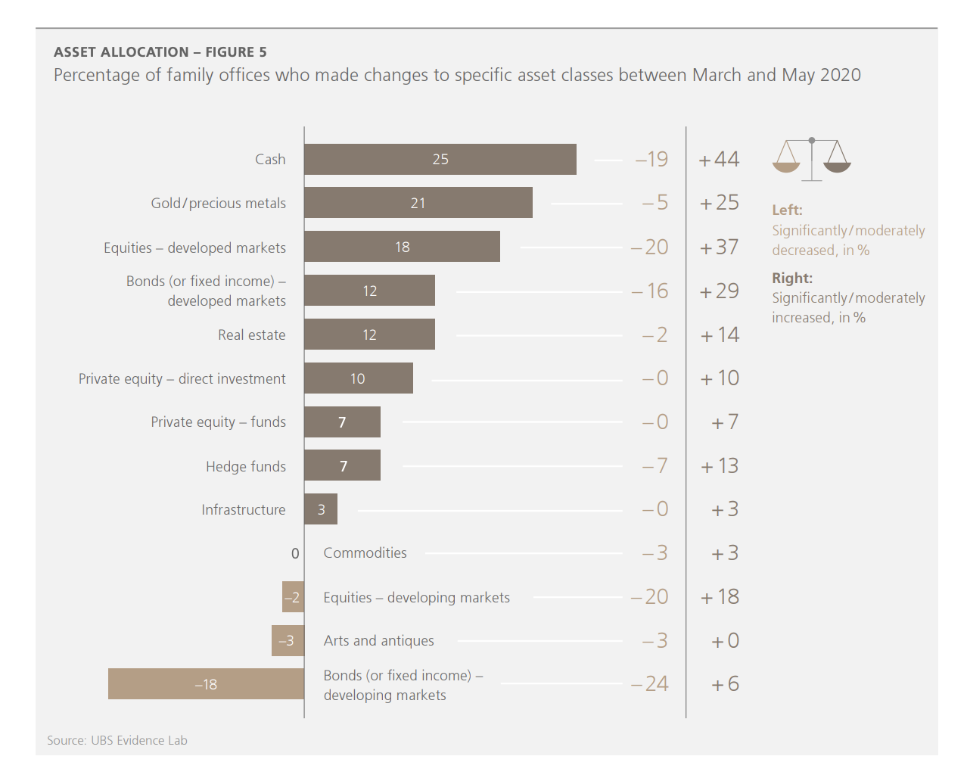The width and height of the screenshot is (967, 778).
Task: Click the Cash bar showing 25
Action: click(x=440, y=160)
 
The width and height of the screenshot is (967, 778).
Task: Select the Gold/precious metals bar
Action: click(x=418, y=203)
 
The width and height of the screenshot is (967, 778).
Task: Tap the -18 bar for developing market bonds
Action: click(x=206, y=684)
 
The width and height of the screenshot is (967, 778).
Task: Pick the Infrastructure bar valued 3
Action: click(x=321, y=509)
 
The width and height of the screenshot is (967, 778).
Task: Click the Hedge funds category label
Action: click(x=246, y=466)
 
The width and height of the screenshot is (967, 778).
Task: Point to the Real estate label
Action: click(x=252, y=335)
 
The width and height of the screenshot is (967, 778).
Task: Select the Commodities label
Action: click(x=365, y=553)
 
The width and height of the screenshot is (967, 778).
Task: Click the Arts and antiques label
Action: click(x=378, y=641)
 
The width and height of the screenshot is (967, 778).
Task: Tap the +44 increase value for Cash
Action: click(x=719, y=160)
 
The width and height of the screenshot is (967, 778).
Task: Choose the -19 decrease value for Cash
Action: click(x=651, y=160)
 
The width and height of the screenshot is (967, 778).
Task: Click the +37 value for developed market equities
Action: click(x=719, y=247)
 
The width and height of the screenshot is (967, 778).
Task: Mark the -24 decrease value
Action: click(x=650, y=684)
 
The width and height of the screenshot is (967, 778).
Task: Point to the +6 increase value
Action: click(x=725, y=684)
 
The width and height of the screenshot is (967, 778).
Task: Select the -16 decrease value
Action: click(x=650, y=291)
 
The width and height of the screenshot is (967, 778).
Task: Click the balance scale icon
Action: click(x=811, y=159)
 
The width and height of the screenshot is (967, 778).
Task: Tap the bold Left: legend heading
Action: click(x=787, y=210)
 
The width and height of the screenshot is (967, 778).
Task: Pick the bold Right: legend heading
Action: click(x=791, y=278)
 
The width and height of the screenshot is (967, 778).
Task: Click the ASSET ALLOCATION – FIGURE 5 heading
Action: click(x=160, y=52)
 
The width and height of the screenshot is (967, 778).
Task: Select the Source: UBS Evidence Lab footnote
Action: click(x=117, y=740)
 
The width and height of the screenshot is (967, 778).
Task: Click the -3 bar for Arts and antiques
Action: click(x=288, y=641)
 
